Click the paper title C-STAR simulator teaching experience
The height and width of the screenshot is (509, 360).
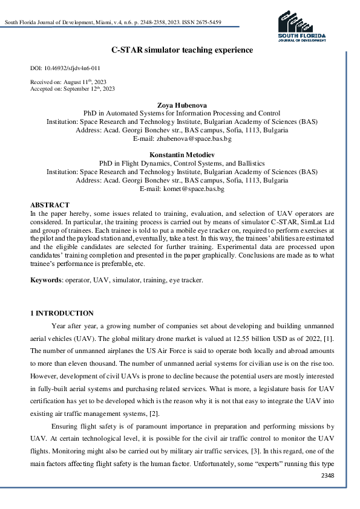click(182, 50)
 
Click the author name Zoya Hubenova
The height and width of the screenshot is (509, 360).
click(182, 105)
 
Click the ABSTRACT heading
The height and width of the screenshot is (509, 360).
click(50, 206)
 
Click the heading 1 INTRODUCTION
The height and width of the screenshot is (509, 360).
click(62, 313)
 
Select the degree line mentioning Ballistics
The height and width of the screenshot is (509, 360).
click(182, 164)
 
